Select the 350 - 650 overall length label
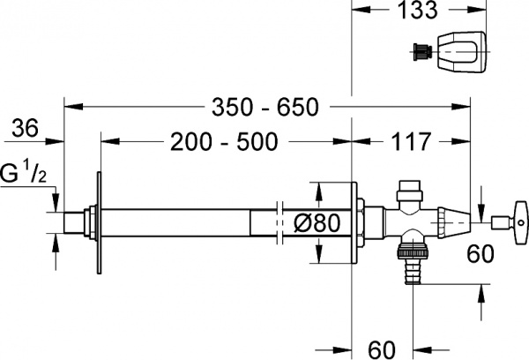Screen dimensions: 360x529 [263, 108]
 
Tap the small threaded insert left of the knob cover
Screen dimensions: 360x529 [420, 52]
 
